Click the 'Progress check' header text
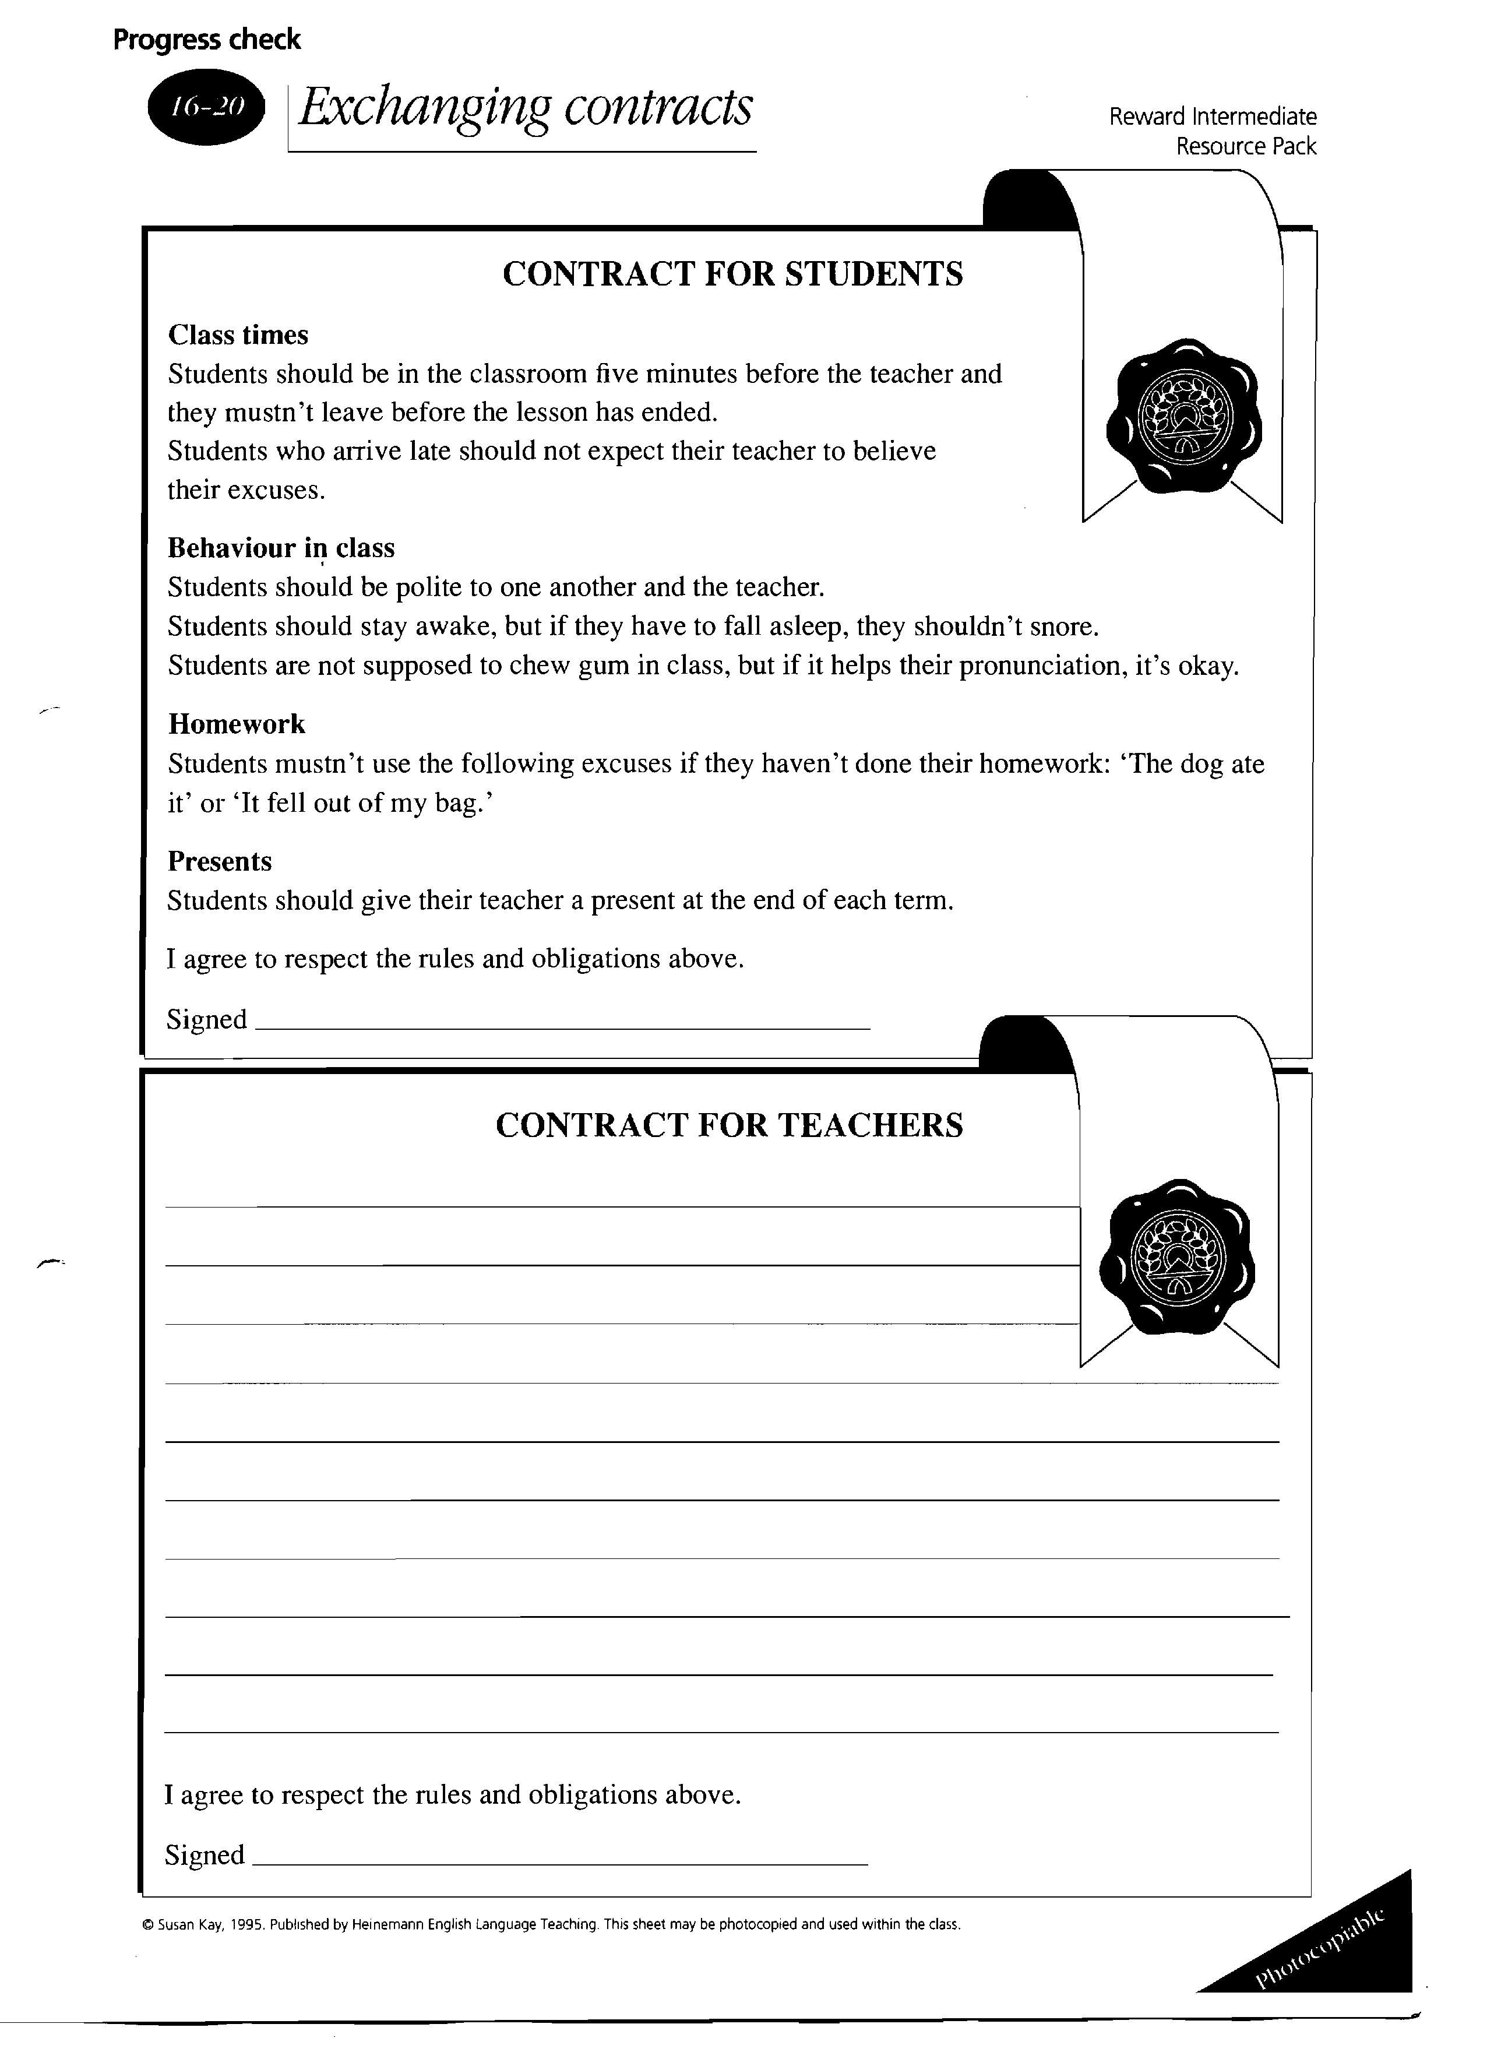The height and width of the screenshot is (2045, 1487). [206, 40]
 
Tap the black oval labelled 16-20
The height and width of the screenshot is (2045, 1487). [206, 107]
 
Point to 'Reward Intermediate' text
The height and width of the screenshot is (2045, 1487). [1212, 117]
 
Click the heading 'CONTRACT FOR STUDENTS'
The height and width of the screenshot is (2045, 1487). [732, 274]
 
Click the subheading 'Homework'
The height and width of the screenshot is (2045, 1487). [236, 724]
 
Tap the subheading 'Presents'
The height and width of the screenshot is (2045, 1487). [219, 862]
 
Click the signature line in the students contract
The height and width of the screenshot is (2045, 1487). [563, 1028]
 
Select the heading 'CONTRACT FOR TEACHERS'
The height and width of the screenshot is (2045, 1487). [728, 1125]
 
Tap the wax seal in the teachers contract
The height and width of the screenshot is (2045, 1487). [1177, 1257]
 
